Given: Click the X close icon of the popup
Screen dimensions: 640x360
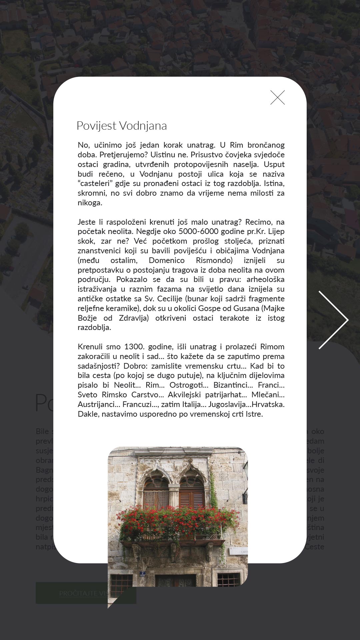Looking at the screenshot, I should click(x=277, y=98).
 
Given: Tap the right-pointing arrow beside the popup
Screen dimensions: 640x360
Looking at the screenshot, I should click(x=333, y=320).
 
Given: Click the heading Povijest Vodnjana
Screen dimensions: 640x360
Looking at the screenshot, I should click(x=122, y=126).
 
